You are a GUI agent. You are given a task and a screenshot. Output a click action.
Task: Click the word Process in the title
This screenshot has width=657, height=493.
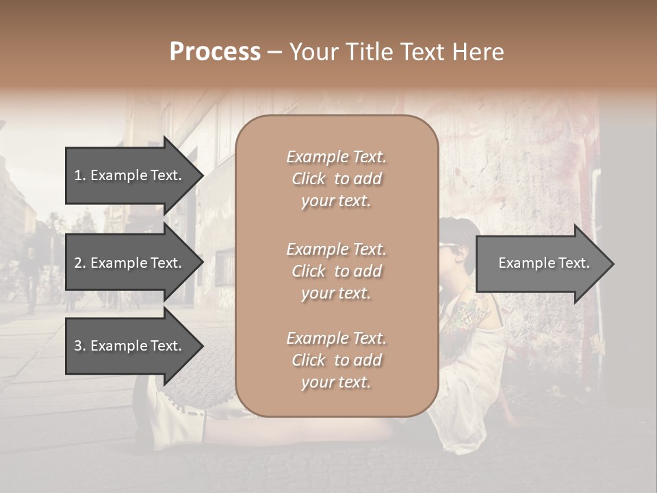pyautogui.click(x=215, y=52)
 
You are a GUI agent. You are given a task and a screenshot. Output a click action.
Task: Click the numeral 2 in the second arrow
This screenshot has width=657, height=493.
pyautogui.click(x=78, y=263)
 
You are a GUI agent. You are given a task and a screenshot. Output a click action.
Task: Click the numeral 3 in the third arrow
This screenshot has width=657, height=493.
pyautogui.click(x=78, y=346)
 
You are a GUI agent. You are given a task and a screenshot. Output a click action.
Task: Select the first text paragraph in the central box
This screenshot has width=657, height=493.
pyautogui.click(x=336, y=179)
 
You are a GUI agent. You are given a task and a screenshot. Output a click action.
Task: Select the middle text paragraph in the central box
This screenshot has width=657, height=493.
pyautogui.click(x=336, y=271)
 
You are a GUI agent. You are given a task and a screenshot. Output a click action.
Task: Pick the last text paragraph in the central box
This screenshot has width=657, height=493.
pyautogui.click(x=336, y=360)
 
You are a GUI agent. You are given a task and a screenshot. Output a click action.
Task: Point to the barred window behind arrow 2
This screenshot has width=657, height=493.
pyautogui.click(x=224, y=267)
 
